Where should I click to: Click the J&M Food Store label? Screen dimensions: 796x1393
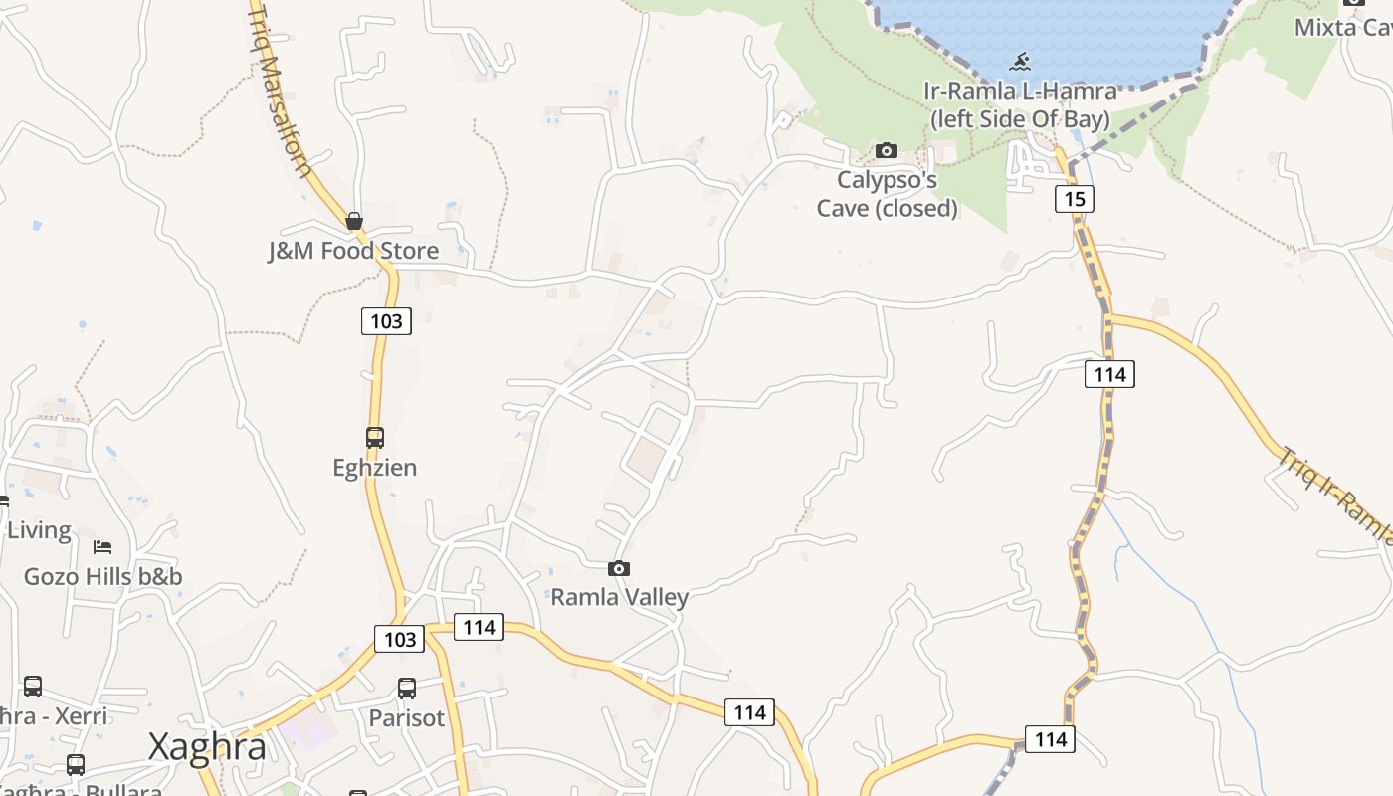353,250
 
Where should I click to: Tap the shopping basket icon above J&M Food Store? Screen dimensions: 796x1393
353,221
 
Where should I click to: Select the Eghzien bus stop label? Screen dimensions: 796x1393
374,467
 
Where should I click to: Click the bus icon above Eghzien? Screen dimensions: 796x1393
374,437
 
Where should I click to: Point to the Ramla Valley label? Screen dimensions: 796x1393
619,597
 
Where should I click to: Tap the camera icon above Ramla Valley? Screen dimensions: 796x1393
619,568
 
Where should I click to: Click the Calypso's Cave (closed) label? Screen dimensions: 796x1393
887,194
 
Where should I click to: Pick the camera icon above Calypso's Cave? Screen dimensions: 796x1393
886,151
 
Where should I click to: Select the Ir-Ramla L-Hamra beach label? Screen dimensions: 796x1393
1019,104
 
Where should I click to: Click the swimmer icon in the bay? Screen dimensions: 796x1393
1020,63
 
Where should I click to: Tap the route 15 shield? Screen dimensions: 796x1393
1074,199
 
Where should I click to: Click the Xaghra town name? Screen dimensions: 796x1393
207,747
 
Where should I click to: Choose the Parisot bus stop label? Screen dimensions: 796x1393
406,717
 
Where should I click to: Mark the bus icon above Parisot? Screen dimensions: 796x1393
406,688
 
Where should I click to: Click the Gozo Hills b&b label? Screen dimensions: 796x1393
102,576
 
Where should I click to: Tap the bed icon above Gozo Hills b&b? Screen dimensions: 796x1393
102,546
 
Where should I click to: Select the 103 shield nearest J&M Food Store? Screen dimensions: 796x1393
386,320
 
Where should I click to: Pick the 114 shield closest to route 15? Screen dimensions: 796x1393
1109,374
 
